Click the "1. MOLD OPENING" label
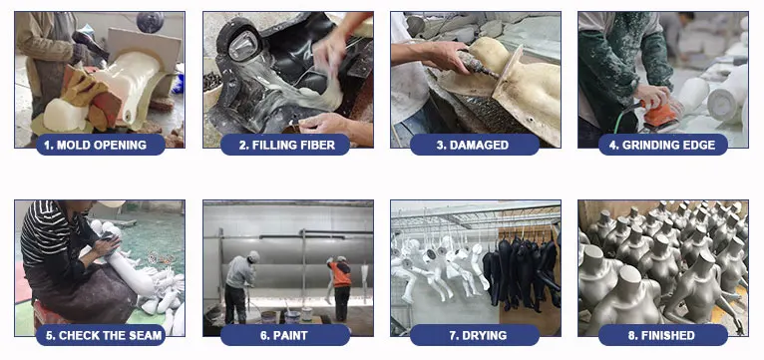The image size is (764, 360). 101,145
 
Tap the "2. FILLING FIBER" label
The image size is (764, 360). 285,145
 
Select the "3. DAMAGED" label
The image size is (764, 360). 475,145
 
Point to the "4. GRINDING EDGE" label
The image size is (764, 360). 662,145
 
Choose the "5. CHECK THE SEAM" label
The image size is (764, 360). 101,335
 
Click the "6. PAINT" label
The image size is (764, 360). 285,335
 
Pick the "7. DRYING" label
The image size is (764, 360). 475,335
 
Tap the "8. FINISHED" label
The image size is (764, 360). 662,335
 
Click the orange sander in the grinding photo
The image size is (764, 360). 657,115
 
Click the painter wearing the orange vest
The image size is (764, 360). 340,287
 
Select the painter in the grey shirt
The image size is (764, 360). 240,287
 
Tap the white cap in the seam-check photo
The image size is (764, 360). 110,203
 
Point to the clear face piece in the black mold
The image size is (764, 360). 243,46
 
